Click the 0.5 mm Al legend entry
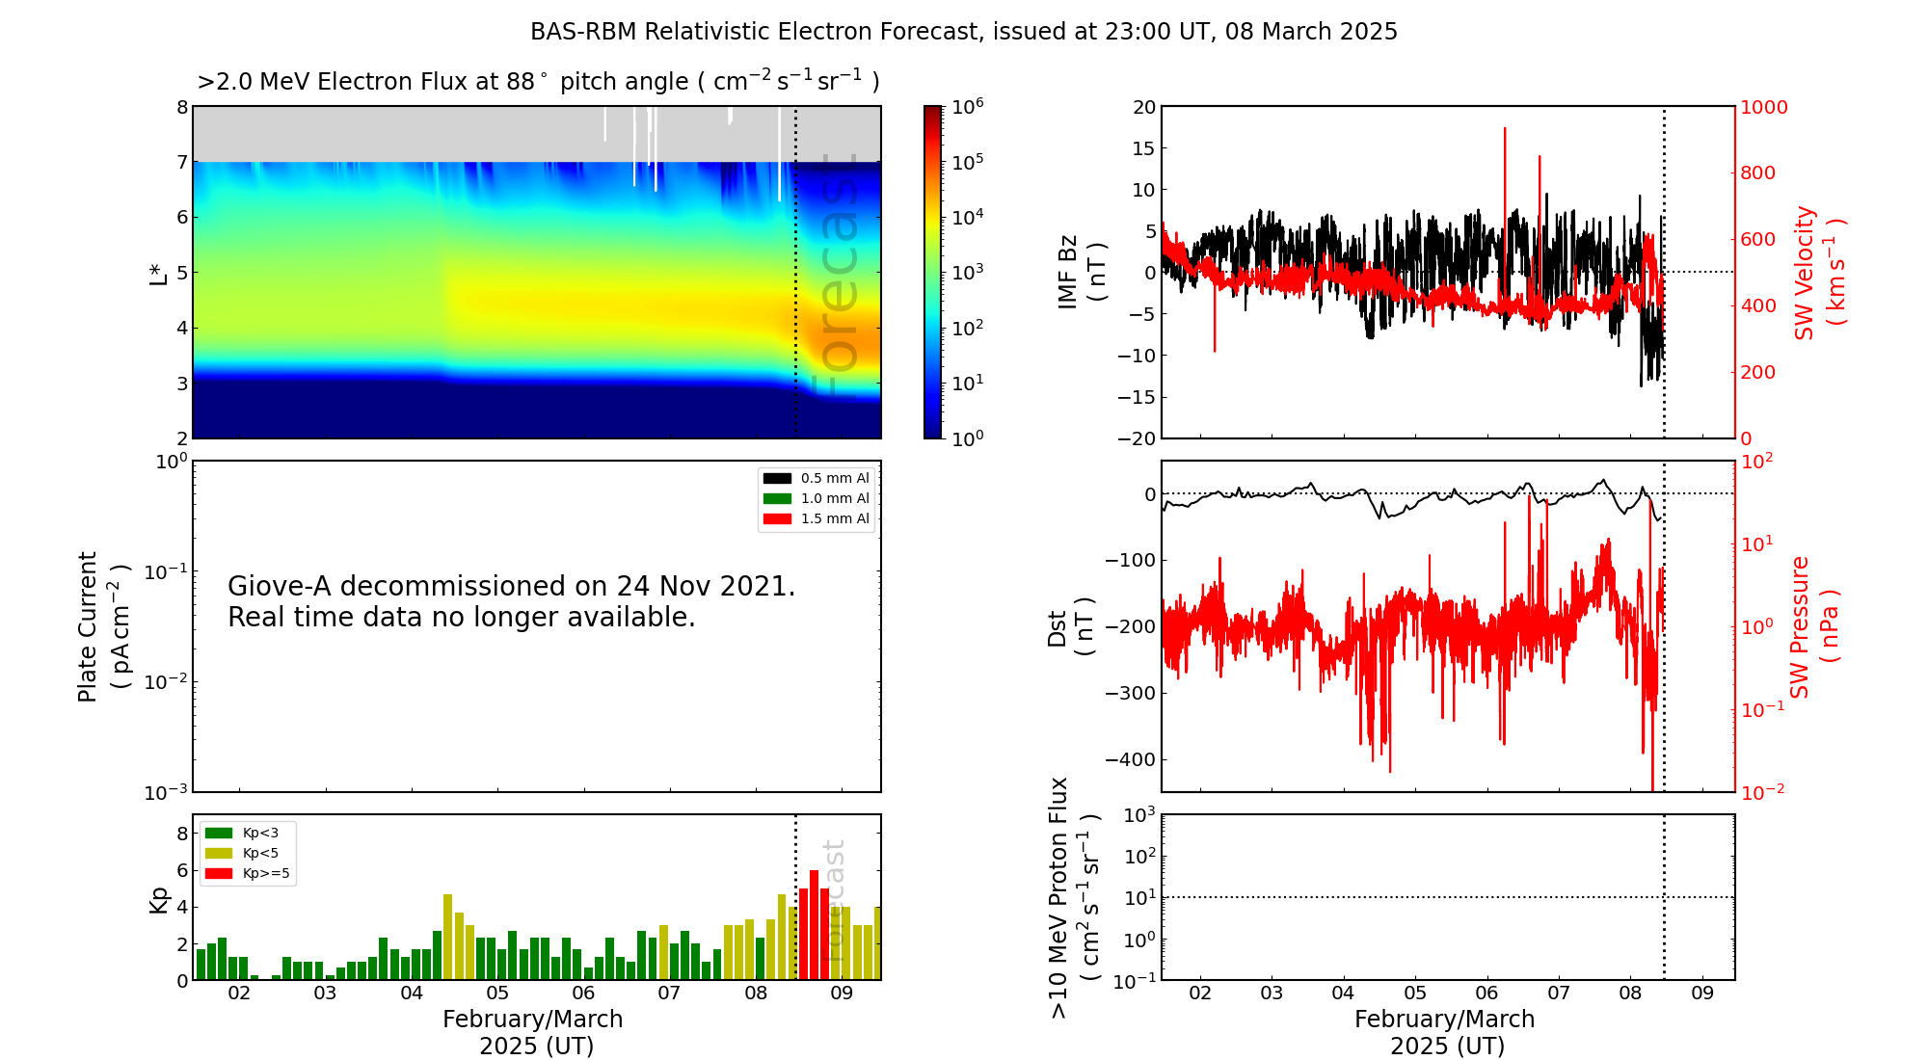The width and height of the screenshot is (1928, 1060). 816,478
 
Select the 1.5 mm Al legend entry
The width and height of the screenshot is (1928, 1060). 816,518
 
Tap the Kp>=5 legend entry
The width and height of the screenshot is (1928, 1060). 247,874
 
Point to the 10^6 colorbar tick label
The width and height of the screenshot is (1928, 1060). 968,106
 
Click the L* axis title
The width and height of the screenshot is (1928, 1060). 158,273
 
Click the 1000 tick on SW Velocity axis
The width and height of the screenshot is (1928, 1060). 1763,107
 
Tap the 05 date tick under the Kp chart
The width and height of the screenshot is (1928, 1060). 497,994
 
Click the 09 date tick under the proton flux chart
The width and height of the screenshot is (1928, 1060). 1702,994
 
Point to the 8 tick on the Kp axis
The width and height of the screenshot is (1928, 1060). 182,834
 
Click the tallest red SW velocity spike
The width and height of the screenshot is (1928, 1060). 1505,129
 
